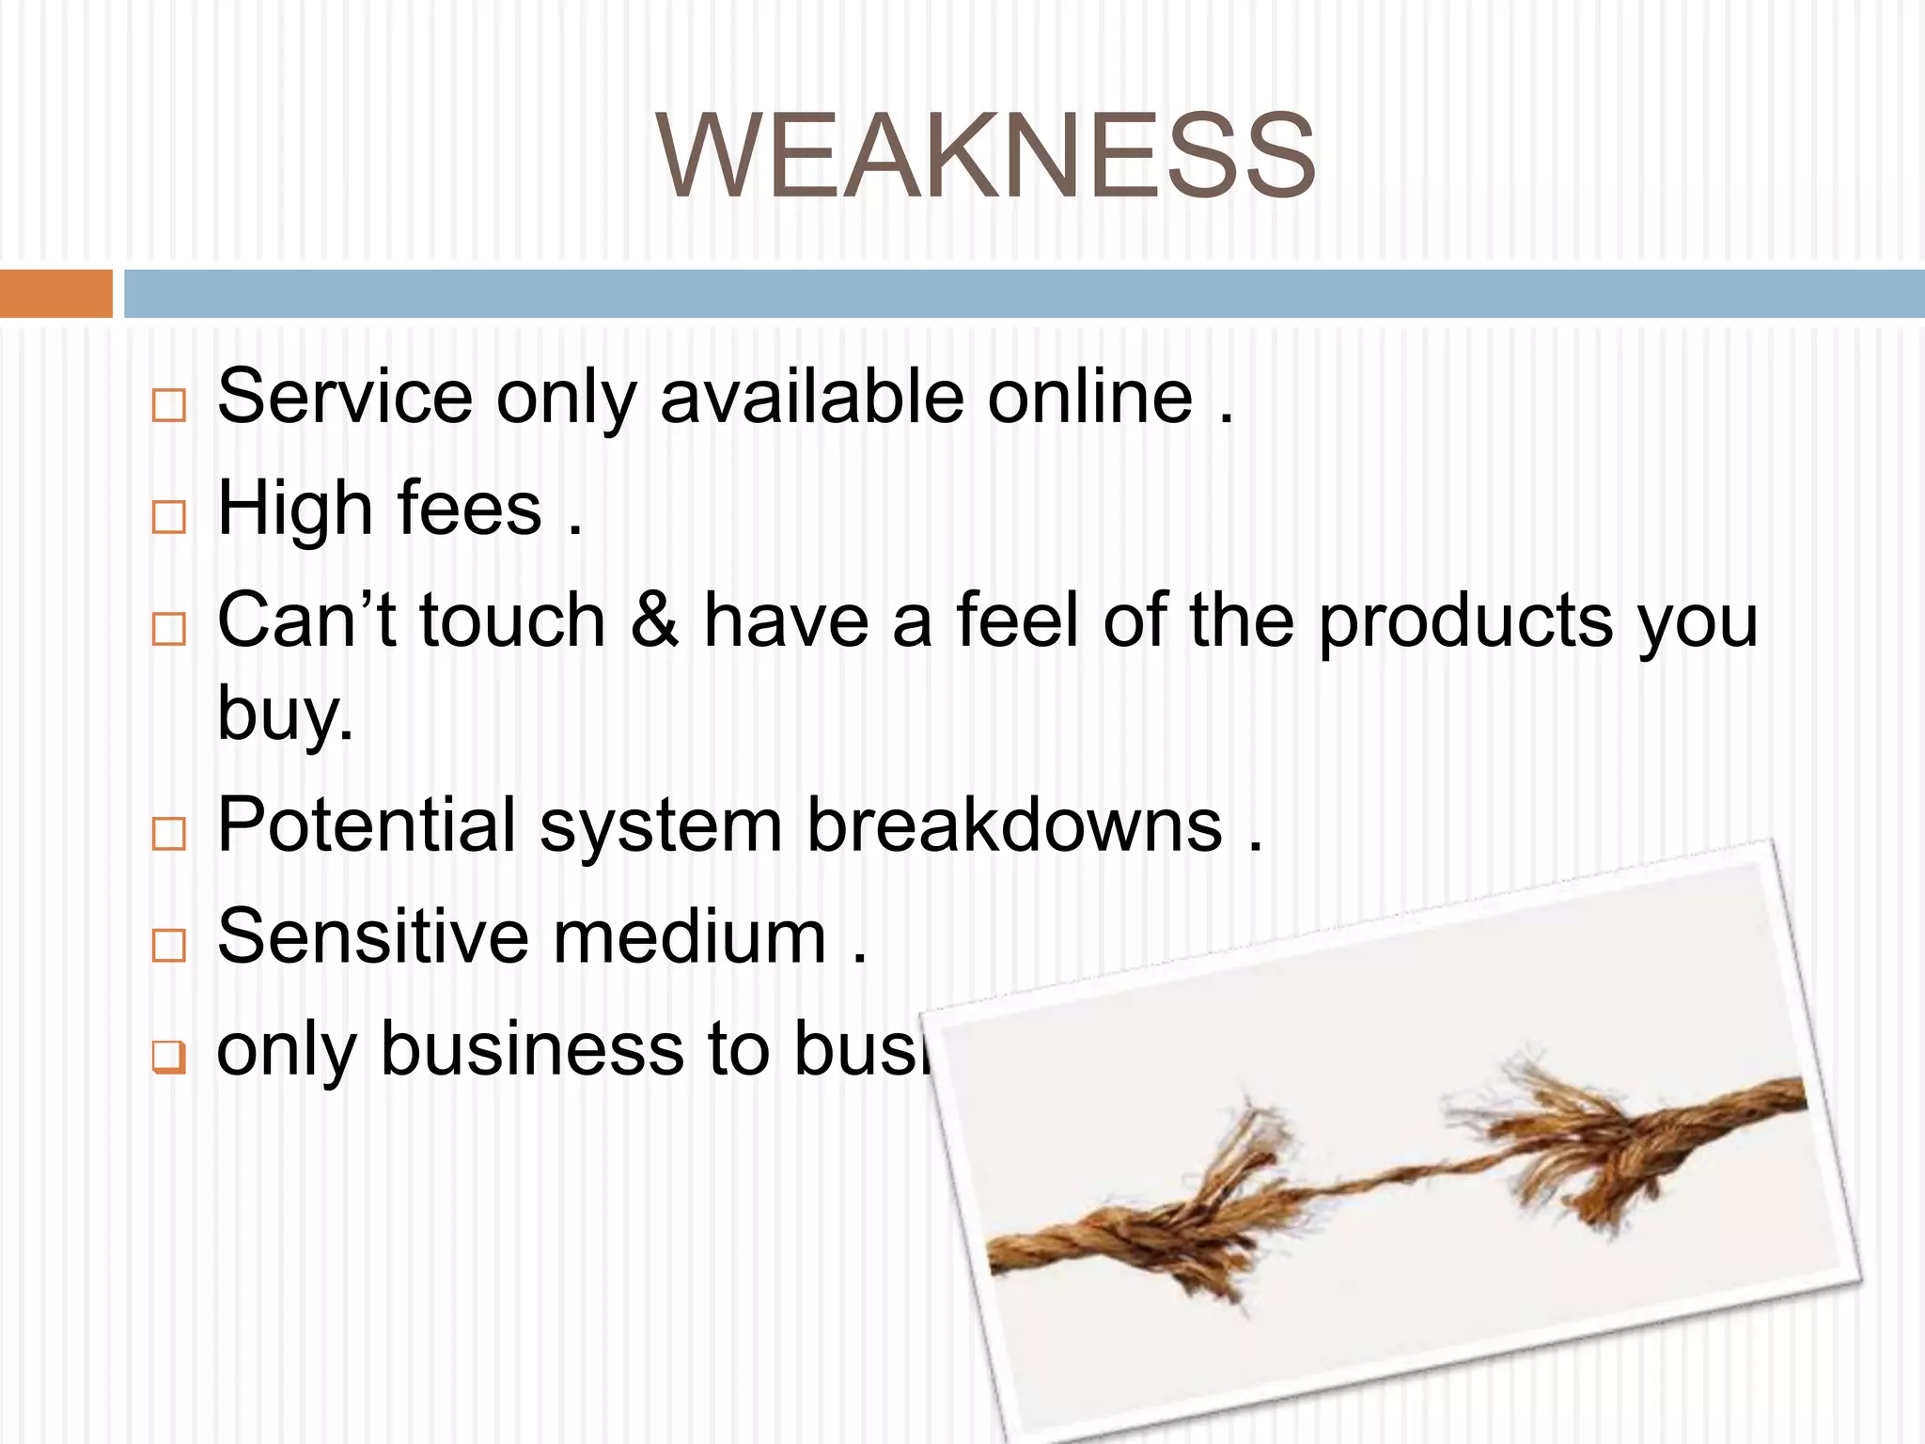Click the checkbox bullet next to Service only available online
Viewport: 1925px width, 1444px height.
pos(168,405)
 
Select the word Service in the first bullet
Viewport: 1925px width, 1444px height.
pos(344,397)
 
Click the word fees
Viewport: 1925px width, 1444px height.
pos(469,509)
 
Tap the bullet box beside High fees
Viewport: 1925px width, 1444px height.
pos(168,517)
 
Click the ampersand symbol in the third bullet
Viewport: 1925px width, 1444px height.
pos(654,620)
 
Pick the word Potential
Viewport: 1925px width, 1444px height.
pos(366,825)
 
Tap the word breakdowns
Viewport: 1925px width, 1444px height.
pos(1014,825)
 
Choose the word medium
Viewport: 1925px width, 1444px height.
pos(689,936)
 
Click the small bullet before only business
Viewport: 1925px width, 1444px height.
pos(168,1058)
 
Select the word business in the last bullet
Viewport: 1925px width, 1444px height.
pos(531,1048)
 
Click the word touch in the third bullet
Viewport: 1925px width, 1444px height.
pos(512,620)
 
